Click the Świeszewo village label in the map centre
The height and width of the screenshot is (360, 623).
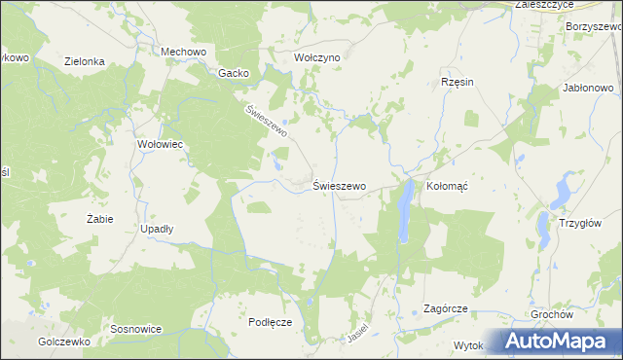pyautogui.click(x=339, y=186)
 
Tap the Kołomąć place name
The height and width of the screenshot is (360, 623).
pyautogui.click(x=449, y=186)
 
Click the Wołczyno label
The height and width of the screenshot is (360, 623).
pyautogui.click(x=316, y=57)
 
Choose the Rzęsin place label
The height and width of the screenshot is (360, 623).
pyautogui.click(x=457, y=82)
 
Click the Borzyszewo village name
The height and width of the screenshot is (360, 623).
pyautogui.click(x=593, y=26)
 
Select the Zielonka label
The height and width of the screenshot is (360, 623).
pyautogui.click(x=85, y=61)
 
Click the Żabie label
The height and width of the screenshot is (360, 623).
pyautogui.click(x=99, y=219)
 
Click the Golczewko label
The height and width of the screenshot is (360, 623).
pyautogui.click(x=64, y=342)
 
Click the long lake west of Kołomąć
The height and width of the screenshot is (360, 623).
pyautogui.click(x=403, y=212)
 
